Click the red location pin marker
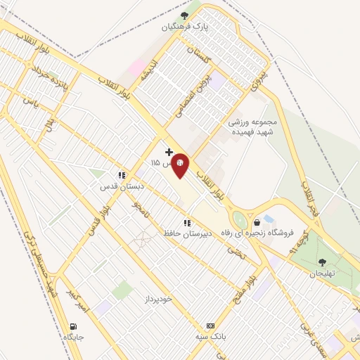(x=180, y=167)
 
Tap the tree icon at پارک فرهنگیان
(x=184, y=15)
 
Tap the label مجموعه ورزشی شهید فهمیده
(x=253, y=126)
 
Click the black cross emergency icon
(x=169, y=151)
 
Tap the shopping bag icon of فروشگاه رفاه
(x=267, y=221)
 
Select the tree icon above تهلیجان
(x=323, y=262)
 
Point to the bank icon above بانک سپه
(x=210, y=326)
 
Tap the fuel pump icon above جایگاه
(x=74, y=326)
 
